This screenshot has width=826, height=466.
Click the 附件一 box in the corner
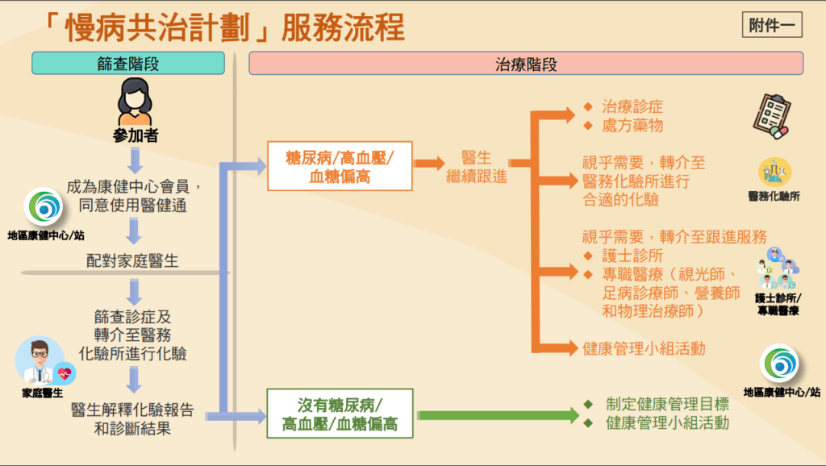click(772, 25)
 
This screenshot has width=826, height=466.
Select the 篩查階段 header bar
click(128, 63)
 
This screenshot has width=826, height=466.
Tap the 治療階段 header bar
click(526, 63)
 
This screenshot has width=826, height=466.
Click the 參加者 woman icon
click(135, 102)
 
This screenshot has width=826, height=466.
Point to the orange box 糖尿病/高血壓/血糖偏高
click(340, 166)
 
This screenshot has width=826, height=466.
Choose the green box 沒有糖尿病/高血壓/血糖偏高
click(340, 414)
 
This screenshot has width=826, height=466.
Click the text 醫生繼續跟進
click(476, 166)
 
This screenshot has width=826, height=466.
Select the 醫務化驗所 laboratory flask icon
click(774, 172)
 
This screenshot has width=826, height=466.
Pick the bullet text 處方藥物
click(632, 126)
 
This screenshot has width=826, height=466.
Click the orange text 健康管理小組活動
click(644, 348)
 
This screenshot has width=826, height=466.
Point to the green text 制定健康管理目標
click(667, 405)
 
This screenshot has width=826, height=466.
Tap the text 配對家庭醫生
click(132, 260)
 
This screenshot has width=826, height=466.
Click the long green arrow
click(499, 415)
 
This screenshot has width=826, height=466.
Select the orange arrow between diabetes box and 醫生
click(429, 163)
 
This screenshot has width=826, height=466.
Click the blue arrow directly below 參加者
click(135, 160)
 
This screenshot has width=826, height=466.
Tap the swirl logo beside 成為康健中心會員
click(44, 207)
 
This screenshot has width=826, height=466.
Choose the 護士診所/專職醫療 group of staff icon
click(778, 268)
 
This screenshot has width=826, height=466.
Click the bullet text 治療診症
click(632, 107)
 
